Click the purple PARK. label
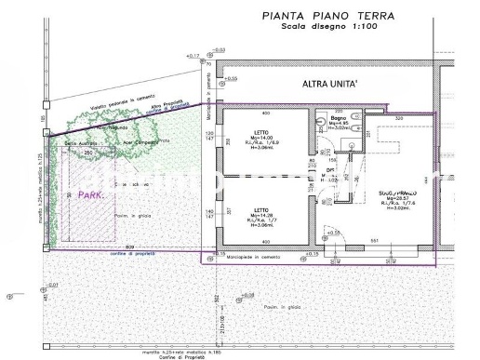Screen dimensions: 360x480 (90, 196)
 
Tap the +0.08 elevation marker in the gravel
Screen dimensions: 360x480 (247, 295)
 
